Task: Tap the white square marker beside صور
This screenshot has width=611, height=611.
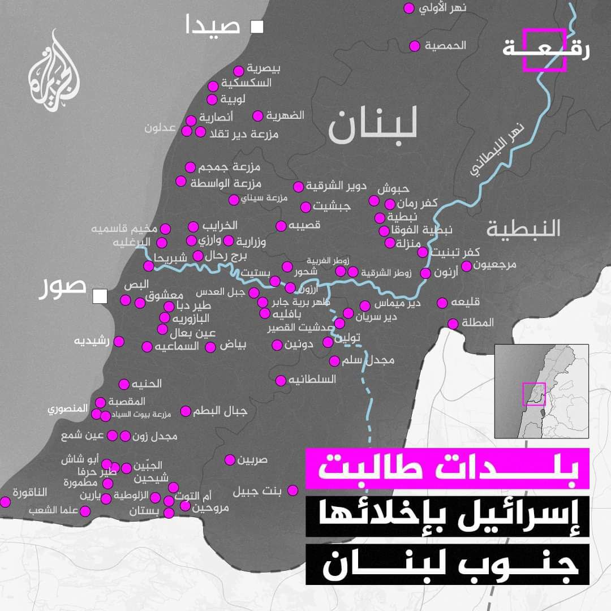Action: click(101, 296)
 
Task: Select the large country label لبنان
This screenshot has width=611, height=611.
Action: click(373, 126)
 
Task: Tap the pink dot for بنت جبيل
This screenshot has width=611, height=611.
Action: click(292, 490)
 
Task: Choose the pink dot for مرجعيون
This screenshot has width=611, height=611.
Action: click(467, 266)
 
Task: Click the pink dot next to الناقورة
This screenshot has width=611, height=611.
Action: click(6, 502)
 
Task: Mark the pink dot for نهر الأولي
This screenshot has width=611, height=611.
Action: click(409, 8)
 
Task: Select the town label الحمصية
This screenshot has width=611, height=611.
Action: click(445, 46)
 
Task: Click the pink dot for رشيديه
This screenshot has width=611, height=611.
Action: click(119, 341)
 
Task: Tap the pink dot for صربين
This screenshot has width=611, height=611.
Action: click(230, 459)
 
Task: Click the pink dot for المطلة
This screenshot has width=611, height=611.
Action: click(453, 324)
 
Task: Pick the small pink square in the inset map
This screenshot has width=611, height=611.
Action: click(533, 394)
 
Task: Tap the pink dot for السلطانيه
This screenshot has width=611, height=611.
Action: click(281, 380)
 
